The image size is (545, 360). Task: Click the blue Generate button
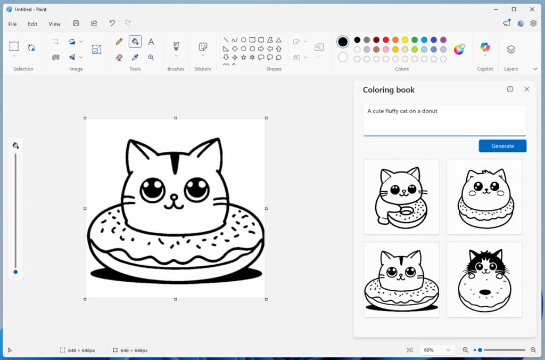click(502, 146)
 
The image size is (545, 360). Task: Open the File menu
click(12, 24)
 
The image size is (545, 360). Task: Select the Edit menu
click(32, 24)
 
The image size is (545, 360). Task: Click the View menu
click(54, 24)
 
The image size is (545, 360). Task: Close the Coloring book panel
click(526, 89)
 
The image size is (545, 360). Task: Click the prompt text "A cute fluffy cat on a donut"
click(402, 111)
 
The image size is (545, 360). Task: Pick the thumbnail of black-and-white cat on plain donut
click(484, 280)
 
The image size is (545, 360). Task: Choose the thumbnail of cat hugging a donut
click(401, 197)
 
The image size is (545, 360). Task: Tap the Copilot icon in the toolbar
click(485, 48)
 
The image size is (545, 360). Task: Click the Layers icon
click(511, 50)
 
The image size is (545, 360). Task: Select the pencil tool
click(119, 42)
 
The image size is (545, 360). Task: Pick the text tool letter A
click(151, 42)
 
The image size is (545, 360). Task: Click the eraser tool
click(119, 58)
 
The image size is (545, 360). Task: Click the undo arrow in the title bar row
click(112, 23)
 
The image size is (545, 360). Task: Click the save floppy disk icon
click(76, 23)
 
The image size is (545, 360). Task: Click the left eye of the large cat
click(152, 189)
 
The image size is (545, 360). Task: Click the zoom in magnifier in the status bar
click(533, 350)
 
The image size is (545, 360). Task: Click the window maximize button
click(514, 9)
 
